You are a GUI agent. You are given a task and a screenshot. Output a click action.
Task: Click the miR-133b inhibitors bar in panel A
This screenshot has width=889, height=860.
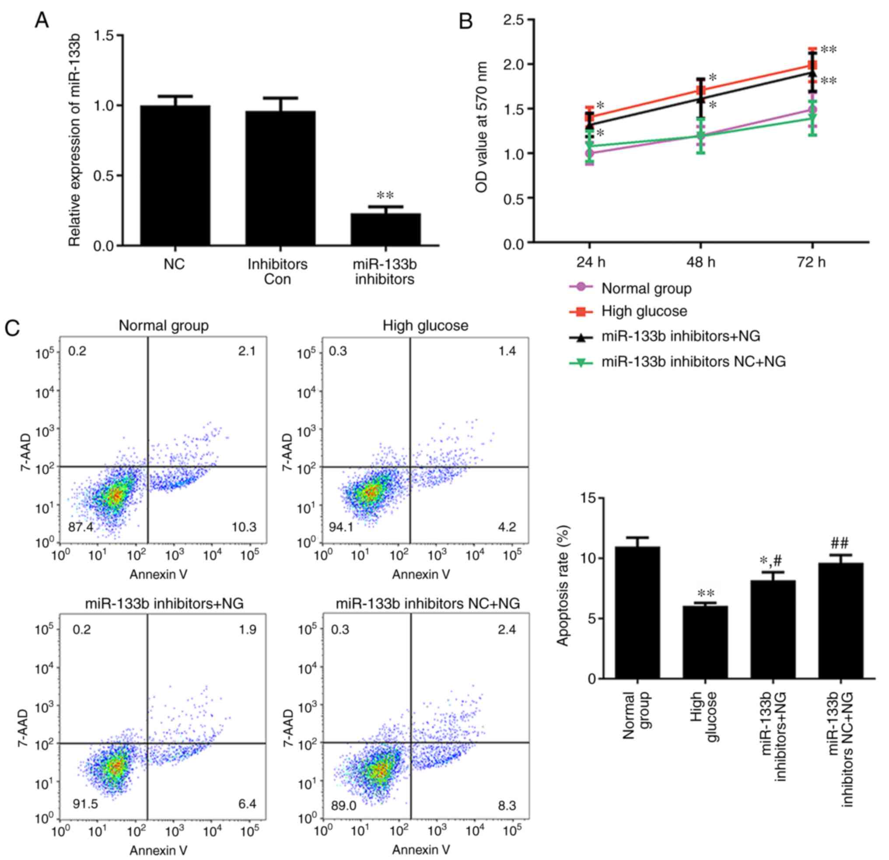385,230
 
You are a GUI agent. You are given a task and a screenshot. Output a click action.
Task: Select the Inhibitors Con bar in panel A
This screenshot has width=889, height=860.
280,178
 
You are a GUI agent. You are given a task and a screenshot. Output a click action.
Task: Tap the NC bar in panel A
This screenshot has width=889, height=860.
175,175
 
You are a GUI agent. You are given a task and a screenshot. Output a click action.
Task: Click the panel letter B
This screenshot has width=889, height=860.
466,21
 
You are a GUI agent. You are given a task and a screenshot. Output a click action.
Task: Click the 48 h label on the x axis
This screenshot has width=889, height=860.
701,262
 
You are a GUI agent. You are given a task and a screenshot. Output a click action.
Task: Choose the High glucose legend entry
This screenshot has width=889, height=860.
644,311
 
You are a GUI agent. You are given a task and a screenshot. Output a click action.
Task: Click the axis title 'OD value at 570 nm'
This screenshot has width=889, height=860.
482,127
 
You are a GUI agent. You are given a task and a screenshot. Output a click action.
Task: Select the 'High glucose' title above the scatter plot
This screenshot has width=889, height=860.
425,325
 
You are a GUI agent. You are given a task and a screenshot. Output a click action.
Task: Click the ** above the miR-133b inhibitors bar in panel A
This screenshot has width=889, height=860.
385,196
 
